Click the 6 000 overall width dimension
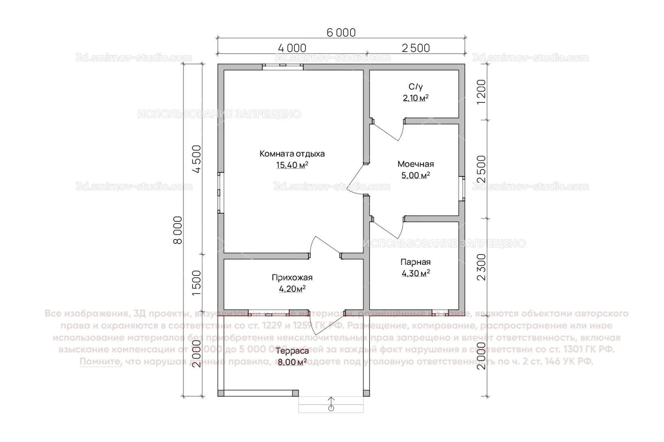click(341, 32)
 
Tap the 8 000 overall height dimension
click(177, 230)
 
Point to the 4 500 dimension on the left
click(197, 159)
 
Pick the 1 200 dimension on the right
click(481, 92)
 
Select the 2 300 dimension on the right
click(481, 267)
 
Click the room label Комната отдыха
click(292, 154)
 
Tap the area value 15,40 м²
click(292, 165)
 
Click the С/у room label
click(415, 87)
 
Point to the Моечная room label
click(415, 164)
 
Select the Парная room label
click(415, 262)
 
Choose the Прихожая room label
click(292, 277)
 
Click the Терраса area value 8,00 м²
click(292, 363)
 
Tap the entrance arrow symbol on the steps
click(331, 403)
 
